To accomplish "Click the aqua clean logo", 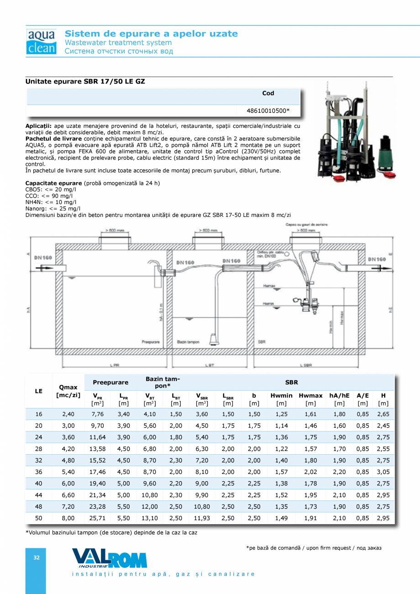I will (41, 42).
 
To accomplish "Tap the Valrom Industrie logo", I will (109, 558).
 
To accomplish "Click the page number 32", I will (37, 557).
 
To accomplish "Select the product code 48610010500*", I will (268, 110).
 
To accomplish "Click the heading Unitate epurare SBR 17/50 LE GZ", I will (89, 81).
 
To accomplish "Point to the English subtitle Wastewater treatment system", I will (118, 42).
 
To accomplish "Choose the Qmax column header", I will (68, 391).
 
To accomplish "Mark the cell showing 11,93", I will (202, 518).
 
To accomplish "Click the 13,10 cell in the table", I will (149, 518).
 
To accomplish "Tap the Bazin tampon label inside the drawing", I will (188, 341).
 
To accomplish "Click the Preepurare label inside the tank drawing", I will (150, 341).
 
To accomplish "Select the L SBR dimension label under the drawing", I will (306, 365).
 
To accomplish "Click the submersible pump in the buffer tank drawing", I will (213, 339).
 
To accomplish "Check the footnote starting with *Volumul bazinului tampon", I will (111, 532).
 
